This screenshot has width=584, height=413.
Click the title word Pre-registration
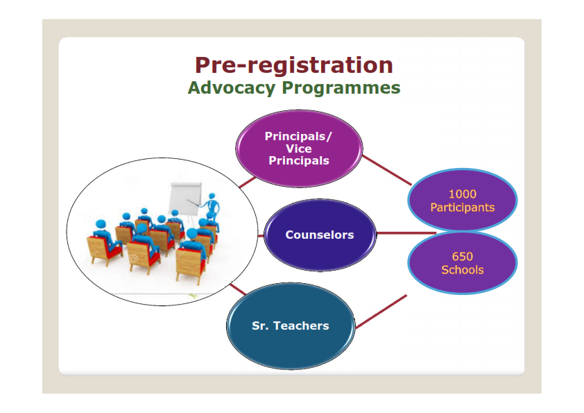tap(294, 65)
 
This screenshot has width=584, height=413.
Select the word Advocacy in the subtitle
tap(231, 88)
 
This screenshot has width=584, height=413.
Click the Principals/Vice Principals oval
tap(299, 149)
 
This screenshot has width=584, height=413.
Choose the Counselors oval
tap(320, 235)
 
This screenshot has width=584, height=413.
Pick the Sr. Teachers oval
tap(291, 326)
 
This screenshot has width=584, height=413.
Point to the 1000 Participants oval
tap(462, 200)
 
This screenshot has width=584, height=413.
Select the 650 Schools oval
tap(462, 263)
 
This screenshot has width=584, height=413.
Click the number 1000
tap(462, 194)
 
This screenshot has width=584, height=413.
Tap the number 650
tap(462, 256)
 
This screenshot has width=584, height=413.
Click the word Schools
tap(462, 270)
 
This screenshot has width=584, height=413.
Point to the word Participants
tap(462, 208)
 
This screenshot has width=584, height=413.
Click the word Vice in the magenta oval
tap(299, 149)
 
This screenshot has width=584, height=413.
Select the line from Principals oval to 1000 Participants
tap(386, 170)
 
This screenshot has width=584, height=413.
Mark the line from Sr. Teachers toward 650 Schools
tap(381, 312)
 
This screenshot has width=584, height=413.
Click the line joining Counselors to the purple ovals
tap(406, 233)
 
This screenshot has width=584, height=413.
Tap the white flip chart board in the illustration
tap(185, 199)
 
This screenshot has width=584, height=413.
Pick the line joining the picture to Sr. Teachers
tap(238, 289)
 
